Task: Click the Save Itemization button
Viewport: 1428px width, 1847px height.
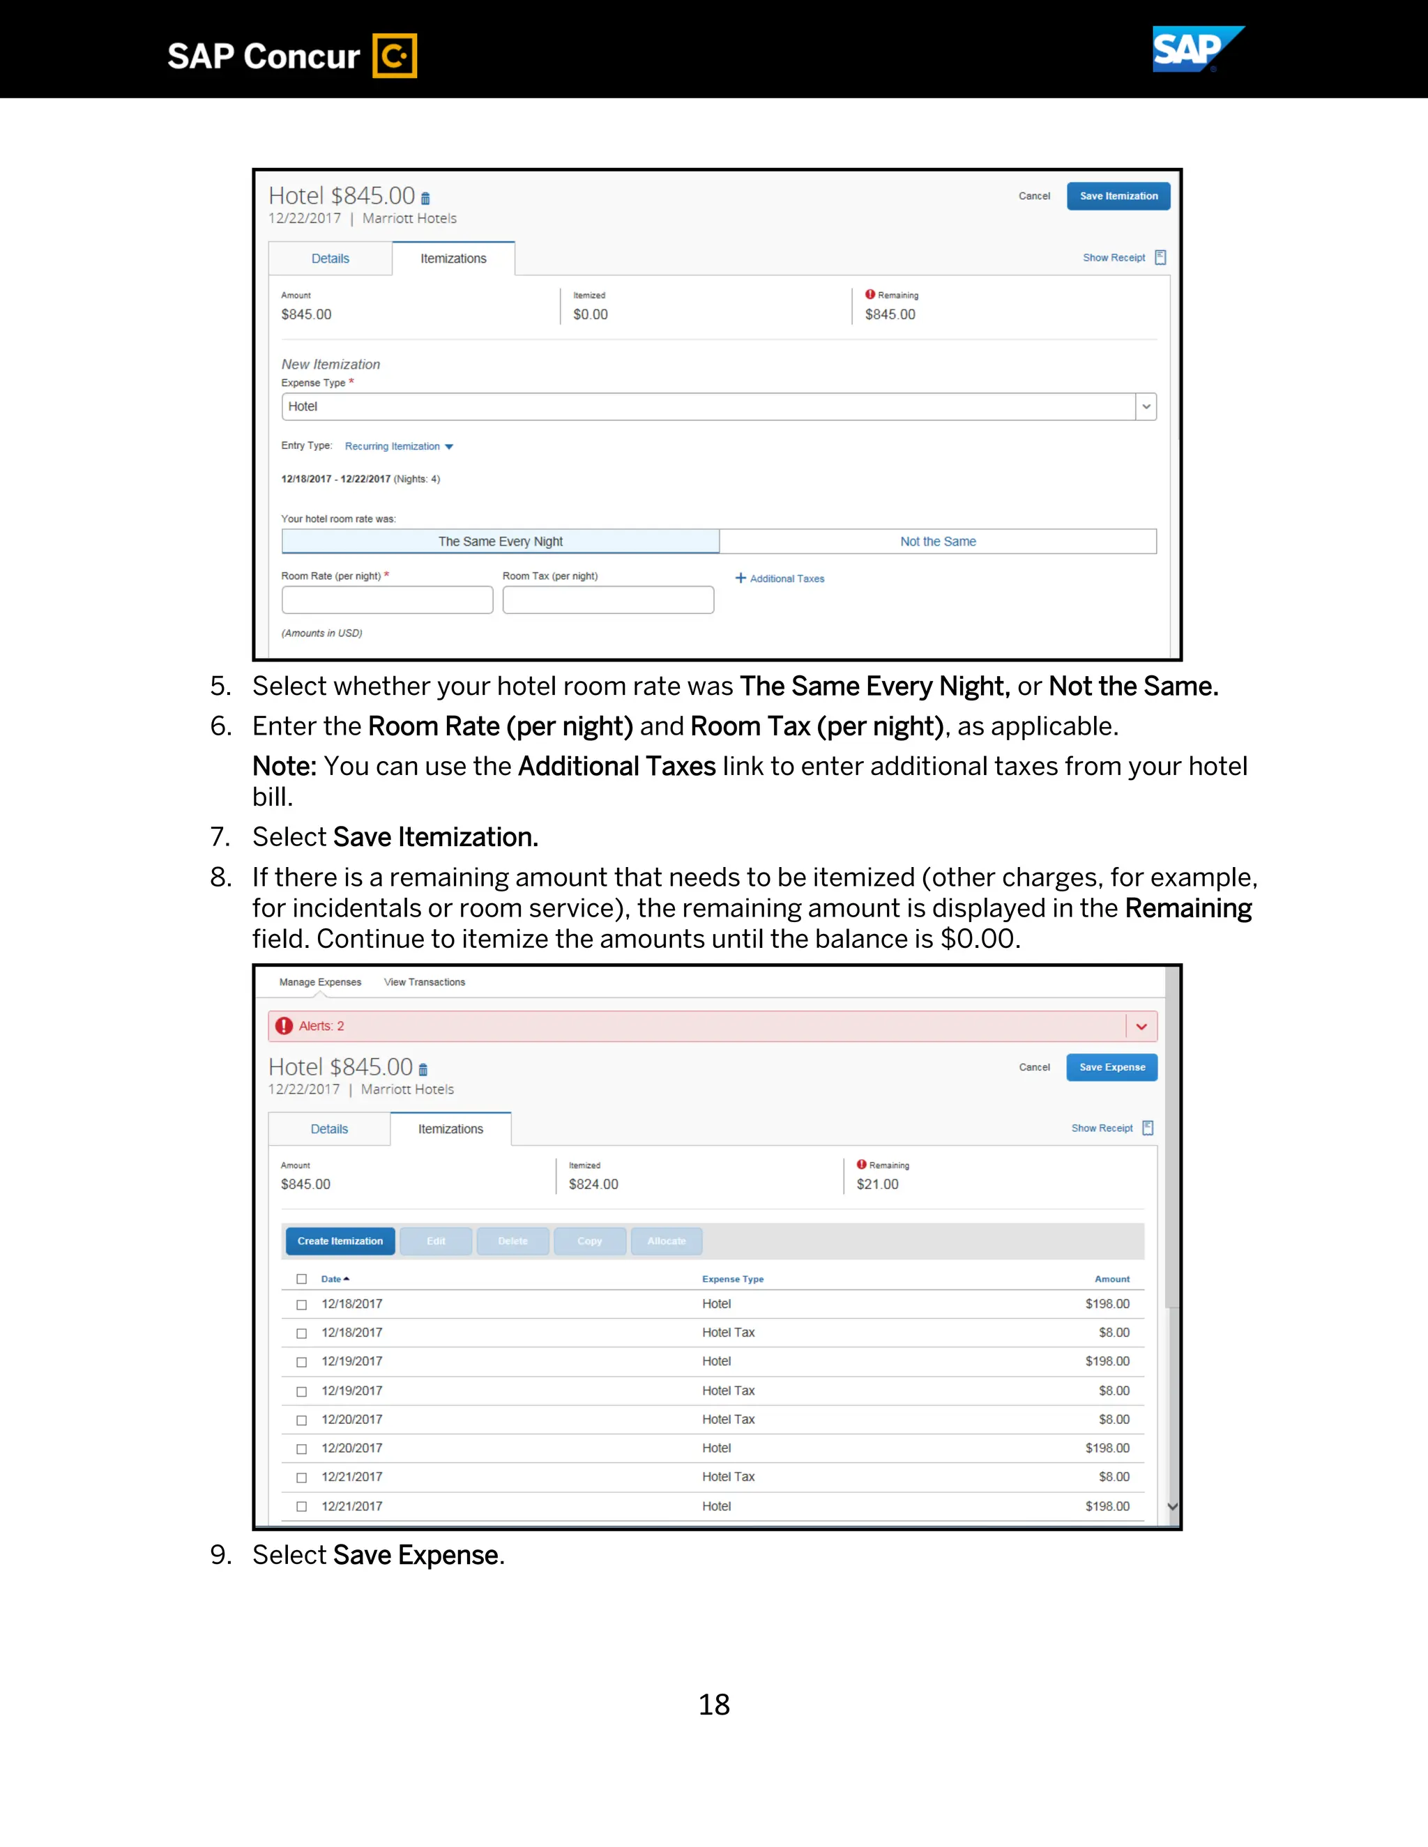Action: click(x=1118, y=197)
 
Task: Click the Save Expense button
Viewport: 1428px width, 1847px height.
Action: click(x=1111, y=1067)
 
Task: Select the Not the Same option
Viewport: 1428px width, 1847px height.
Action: click(x=937, y=542)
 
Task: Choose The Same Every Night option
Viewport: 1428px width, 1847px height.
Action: click(x=500, y=542)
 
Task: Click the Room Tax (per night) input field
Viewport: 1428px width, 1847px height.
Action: click(x=607, y=599)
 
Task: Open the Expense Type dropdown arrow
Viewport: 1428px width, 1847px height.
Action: click(x=1146, y=407)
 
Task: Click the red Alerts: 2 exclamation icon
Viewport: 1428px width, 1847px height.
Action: click(x=284, y=1026)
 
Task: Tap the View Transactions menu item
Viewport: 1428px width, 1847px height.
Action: click(x=424, y=982)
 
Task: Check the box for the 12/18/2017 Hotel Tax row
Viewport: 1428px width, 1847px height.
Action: click(x=302, y=1333)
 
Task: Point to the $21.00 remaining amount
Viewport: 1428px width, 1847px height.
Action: click(x=877, y=1184)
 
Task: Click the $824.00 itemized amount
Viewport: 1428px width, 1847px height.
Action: click(x=593, y=1184)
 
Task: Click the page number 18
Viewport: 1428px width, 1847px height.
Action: click(x=713, y=1704)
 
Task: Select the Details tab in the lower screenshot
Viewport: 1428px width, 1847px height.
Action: click(x=329, y=1129)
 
